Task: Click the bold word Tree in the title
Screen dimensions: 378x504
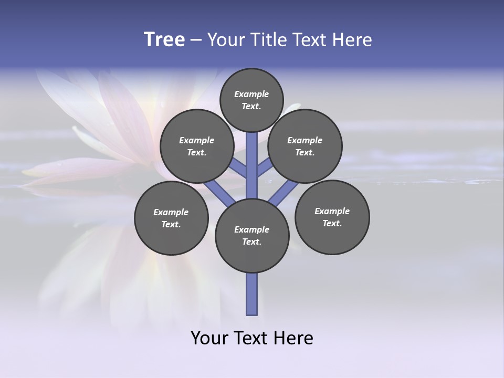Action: [x=164, y=40]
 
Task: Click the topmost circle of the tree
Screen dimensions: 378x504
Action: [x=251, y=100]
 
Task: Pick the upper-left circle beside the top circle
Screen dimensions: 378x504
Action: [x=197, y=146]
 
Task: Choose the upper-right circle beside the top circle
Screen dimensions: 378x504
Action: [x=305, y=146]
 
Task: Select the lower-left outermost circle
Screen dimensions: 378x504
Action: [x=171, y=218]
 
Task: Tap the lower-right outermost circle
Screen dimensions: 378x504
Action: [x=332, y=217]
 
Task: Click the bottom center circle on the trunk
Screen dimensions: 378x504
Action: [x=252, y=235]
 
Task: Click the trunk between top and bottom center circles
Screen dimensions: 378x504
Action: [x=252, y=165]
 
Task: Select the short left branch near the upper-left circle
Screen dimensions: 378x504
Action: [x=238, y=168]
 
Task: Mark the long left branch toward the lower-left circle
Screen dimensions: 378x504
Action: [x=218, y=193]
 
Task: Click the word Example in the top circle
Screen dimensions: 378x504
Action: [x=251, y=94]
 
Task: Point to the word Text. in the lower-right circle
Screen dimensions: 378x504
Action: [x=332, y=223]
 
